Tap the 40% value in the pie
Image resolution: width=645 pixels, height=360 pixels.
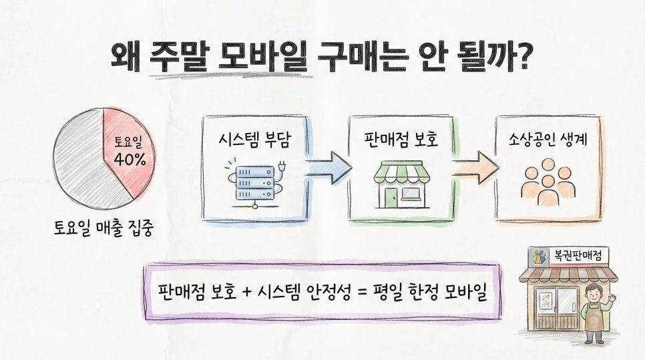click(130, 160)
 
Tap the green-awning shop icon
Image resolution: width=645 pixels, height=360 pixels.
click(400, 183)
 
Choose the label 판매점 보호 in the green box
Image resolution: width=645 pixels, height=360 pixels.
click(401, 140)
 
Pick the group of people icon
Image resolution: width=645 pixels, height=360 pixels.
click(548, 181)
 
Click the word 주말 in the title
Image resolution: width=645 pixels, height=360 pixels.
click(177, 57)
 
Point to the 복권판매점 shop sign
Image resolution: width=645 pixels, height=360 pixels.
click(575, 255)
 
